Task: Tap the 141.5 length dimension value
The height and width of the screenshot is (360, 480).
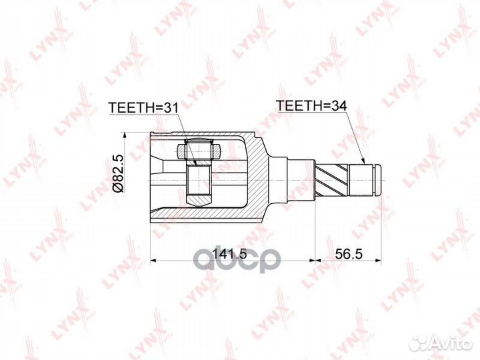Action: pos(225,254)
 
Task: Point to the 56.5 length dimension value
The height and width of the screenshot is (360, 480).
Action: pos(347,254)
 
